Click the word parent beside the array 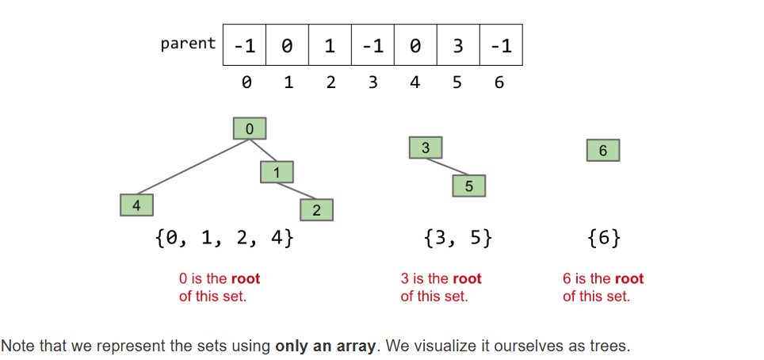pos(188,44)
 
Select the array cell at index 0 pos(245,45)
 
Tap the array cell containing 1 pos(330,45)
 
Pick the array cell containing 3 pos(458,45)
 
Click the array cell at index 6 pos(500,45)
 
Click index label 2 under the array pos(330,82)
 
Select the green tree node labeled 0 pos(250,128)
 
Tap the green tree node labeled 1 pos(277,171)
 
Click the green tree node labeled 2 pos(316,210)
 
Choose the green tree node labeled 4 pos(136,205)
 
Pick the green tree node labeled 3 pos(426,147)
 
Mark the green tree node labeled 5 pos(468,186)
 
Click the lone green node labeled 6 pos(603,151)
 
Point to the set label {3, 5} pos(458,237)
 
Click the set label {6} pos(604,237)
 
